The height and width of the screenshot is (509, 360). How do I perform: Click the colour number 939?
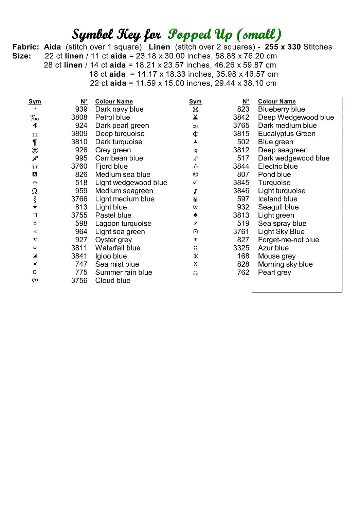(81, 109)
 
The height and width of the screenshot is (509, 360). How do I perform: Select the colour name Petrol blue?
(112, 117)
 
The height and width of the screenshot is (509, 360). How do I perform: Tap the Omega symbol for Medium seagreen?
(35, 191)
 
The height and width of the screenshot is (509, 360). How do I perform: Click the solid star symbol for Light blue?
(35, 207)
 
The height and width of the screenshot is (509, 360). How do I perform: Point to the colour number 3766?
(79, 199)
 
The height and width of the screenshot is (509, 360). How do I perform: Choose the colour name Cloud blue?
(113, 281)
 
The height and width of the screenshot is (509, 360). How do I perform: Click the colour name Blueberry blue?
(281, 109)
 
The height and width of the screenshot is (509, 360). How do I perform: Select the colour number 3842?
(241, 117)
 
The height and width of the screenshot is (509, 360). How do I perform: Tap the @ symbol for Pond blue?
(195, 174)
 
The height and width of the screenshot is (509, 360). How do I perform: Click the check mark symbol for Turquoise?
(195, 183)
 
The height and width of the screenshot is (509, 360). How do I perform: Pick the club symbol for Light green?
(195, 215)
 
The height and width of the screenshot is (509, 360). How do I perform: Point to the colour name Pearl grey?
(274, 272)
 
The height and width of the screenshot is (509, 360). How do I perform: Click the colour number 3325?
(241, 248)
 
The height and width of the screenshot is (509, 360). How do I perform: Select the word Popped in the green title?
(190, 35)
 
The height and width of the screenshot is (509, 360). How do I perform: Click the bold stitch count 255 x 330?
(283, 47)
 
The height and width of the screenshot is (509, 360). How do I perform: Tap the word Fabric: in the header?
(26, 47)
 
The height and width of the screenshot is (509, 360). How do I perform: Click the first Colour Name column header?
(114, 101)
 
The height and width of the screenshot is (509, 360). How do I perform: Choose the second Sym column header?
(195, 101)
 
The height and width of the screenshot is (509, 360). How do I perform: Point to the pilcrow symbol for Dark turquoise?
(35, 142)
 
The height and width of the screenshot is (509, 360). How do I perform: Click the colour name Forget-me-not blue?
(288, 240)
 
